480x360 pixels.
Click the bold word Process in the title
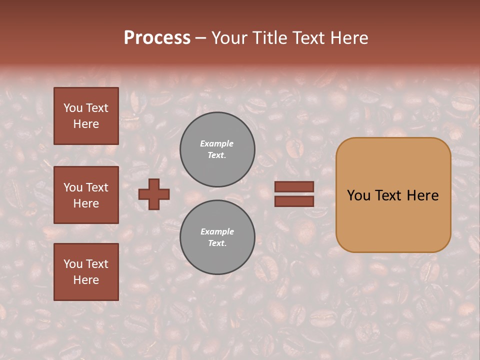(x=157, y=38)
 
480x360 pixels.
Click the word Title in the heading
(x=269, y=38)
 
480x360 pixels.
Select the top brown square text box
(x=86, y=116)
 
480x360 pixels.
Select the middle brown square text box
(x=86, y=195)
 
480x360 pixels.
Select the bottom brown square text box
(x=86, y=272)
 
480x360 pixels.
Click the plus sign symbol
(x=154, y=194)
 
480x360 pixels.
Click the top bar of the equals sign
(x=294, y=186)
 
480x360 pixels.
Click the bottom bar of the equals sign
(x=294, y=201)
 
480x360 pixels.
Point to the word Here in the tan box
(x=422, y=195)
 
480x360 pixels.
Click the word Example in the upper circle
(x=216, y=143)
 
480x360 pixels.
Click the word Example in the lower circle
(x=217, y=231)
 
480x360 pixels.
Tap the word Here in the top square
(x=86, y=124)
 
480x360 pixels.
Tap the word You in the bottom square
(x=73, y=264)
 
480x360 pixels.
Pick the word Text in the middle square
(x=96, y=187)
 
